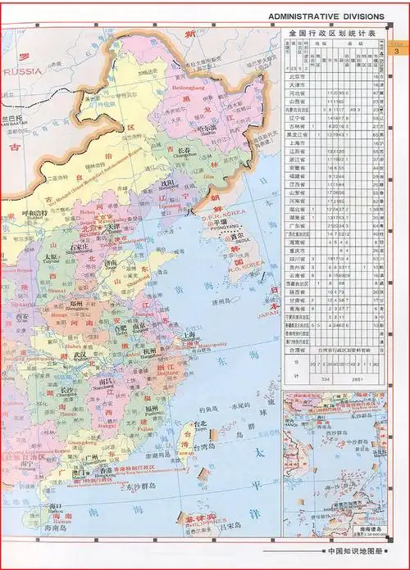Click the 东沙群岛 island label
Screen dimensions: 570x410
[x=145, y=486]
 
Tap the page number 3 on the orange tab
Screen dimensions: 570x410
[x=397, y=53]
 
